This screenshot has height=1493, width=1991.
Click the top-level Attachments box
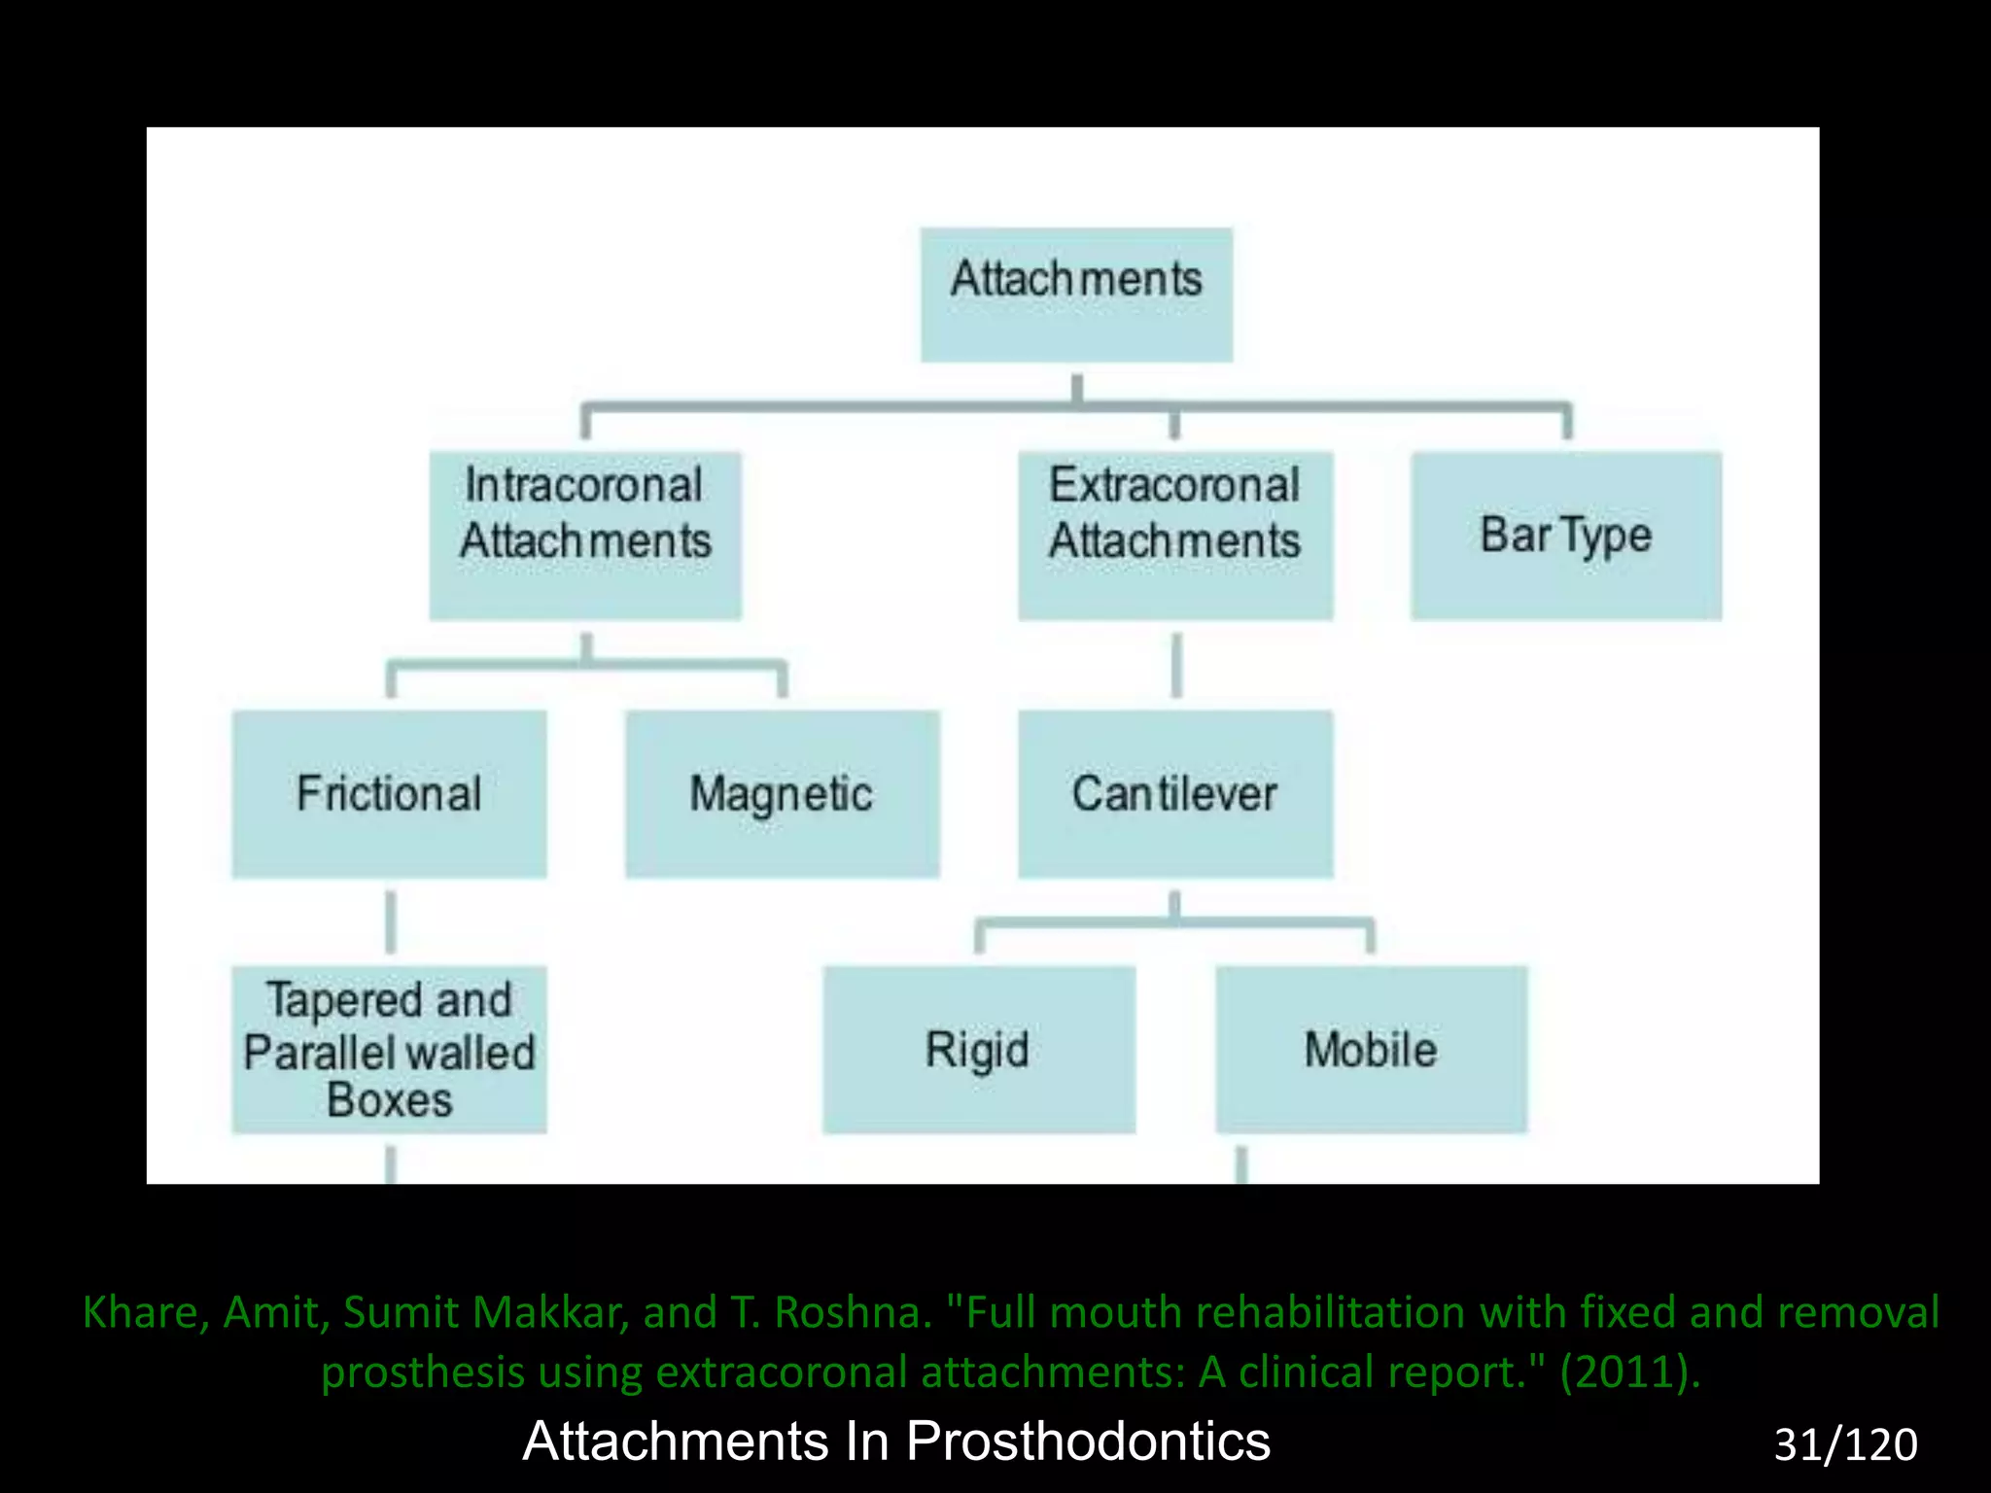coord(1076,295)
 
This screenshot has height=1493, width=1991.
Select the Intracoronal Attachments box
coord(585,535)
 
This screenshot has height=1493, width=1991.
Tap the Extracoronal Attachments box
coord(1175,535)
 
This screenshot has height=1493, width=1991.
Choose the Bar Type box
coord(1565,535)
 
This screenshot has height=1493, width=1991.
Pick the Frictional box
coord(389,794)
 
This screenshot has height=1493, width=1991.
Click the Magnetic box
coord(782,794)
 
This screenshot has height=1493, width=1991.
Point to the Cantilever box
coord(1175,794)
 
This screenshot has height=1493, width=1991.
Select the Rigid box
coord(978,1050)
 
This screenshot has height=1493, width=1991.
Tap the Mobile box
coord(1371,1050)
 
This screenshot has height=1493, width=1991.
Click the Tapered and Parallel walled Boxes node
coord(389,1050)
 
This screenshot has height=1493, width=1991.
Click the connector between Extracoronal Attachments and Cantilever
coord(1176,666)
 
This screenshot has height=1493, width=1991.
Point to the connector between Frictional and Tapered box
coord(391,921)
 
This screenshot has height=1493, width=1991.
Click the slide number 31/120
coord(1845,1444)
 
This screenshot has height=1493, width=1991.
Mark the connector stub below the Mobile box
coord(1241,1164)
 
